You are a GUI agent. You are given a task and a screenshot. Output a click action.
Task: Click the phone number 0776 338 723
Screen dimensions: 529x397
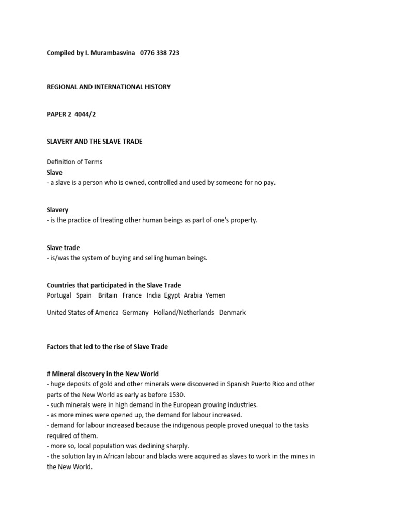pos(160,53)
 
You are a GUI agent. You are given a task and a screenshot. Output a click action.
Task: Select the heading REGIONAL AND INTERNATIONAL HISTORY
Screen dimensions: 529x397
pos(109,87)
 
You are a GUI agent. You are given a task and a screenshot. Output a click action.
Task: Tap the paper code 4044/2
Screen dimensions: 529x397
pos(85,115)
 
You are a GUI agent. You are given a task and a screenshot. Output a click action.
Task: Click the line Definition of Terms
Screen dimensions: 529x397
pos(74,162)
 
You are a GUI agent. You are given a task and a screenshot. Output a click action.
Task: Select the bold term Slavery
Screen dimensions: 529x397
pos(57,210)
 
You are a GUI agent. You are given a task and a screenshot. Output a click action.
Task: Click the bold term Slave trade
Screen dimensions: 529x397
pos(63,248)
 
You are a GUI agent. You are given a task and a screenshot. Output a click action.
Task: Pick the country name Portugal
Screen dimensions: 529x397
pos(58,295)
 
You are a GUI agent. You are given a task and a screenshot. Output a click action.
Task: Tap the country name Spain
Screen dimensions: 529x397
pos(84,295)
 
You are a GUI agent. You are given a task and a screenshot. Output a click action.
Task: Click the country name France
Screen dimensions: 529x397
pos(132,295)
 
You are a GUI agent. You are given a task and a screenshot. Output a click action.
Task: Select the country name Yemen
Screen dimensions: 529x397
pos(216,295)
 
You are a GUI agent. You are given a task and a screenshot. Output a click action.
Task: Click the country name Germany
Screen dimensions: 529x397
pos(135,313)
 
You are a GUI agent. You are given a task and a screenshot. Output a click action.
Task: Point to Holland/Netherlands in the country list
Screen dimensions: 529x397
pos(184,313)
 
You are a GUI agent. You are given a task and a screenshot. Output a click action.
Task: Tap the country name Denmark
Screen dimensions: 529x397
pos(233,313)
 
